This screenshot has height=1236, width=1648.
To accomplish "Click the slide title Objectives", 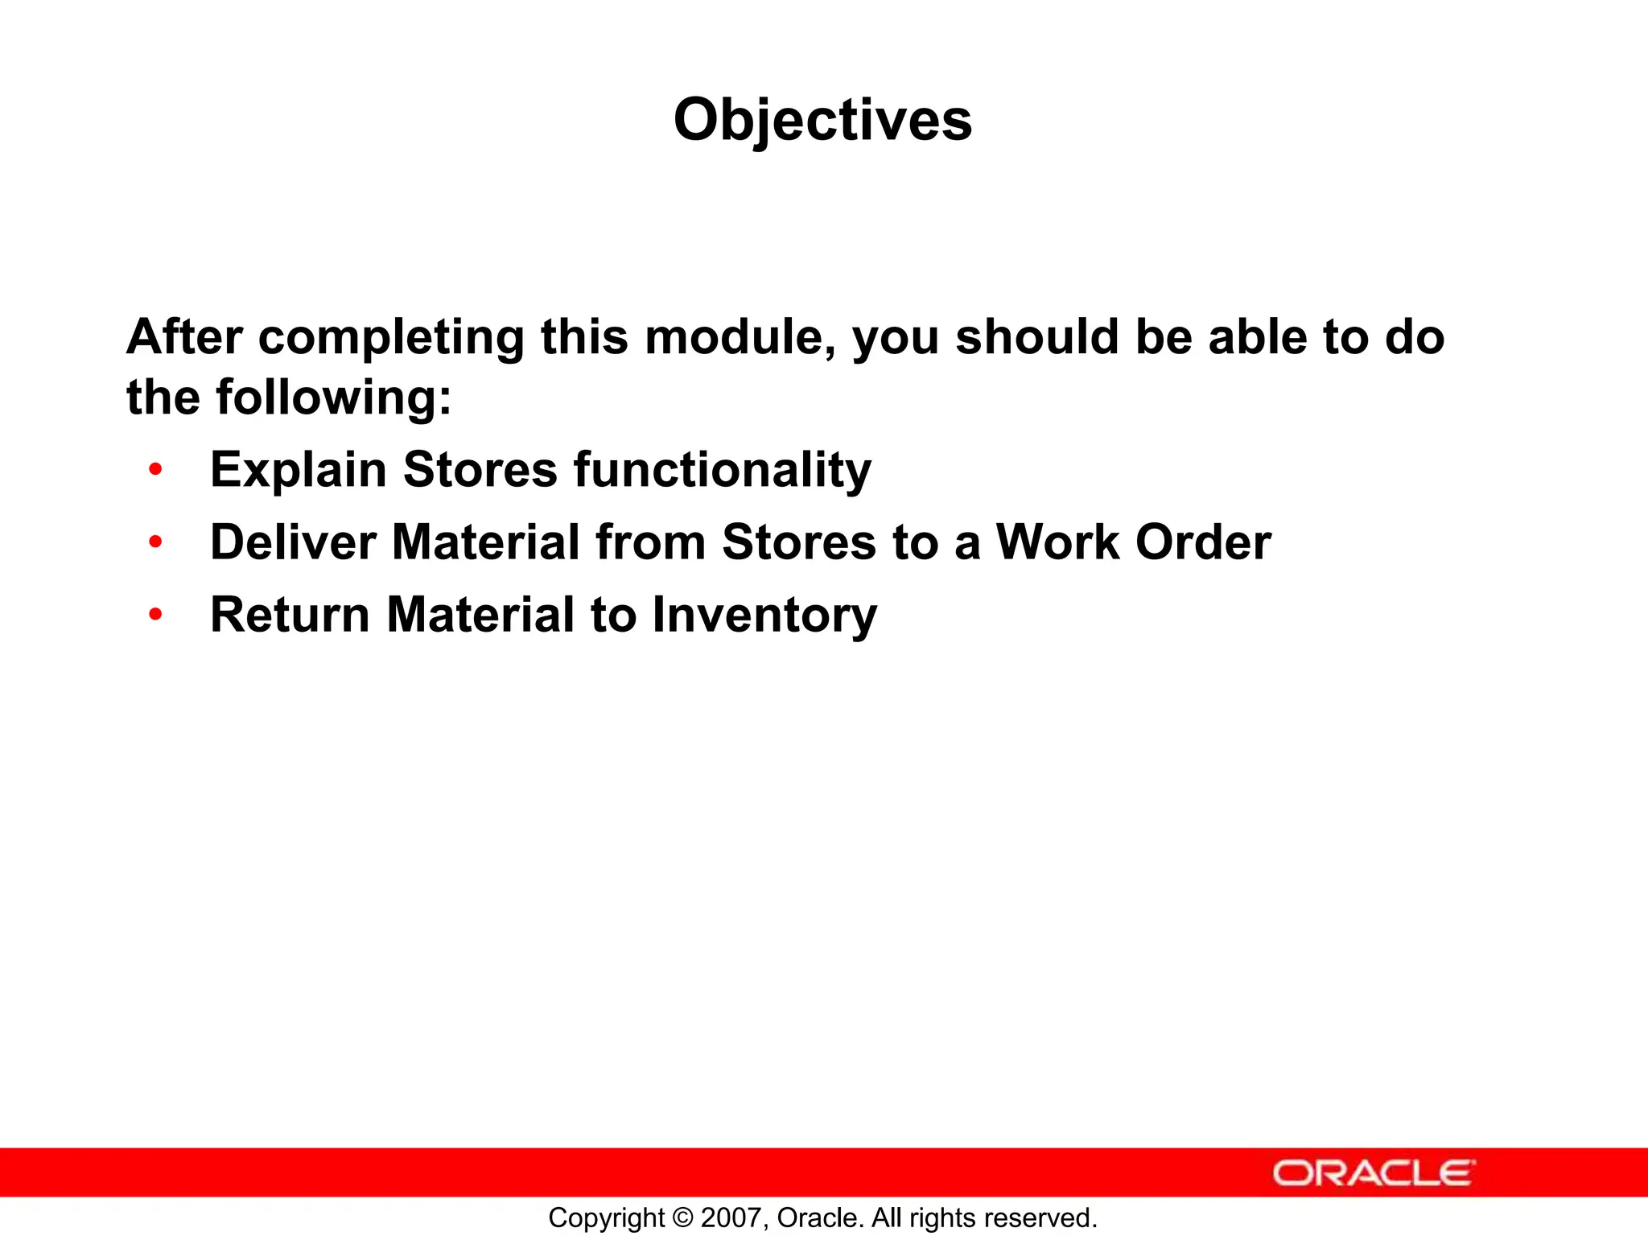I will [822, 121].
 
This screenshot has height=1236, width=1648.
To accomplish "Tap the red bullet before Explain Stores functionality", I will [155, 469].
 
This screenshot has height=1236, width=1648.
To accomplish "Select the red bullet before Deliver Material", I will [155, 542].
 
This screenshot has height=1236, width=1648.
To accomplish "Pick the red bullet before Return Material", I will [155, 615].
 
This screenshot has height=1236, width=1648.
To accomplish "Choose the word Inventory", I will [764, 615].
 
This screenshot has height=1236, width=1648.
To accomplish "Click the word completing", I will [391, 338].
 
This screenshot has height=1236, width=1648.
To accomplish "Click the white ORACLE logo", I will [1374, 1173].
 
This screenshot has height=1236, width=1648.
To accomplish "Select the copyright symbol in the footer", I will [682, 1218].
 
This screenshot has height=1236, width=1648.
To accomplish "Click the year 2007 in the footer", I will [727, 1218].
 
